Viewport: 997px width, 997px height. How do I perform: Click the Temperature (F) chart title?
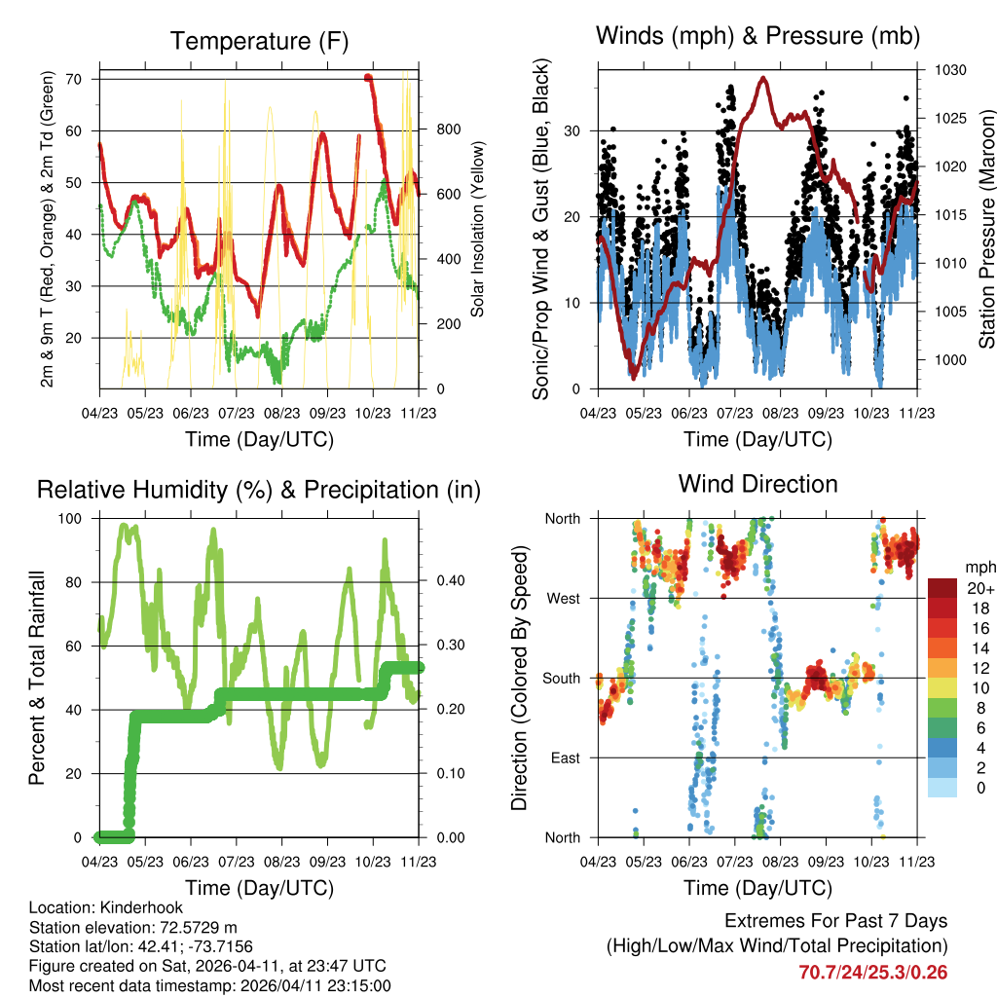coord(259,41)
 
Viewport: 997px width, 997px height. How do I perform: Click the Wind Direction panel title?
coord(757,484)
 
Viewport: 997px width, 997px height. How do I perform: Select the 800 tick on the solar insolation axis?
coord(448,129)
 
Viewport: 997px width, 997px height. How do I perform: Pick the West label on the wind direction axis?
coord(564,598)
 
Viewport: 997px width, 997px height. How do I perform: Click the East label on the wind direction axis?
coord(564,757)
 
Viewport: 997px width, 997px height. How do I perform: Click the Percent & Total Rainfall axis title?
coord(38,678)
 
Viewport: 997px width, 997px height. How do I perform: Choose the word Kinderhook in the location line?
coord(129,907)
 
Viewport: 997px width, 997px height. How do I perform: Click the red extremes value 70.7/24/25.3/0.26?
coord(873,972)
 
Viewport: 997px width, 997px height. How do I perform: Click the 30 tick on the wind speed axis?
coord(575,130)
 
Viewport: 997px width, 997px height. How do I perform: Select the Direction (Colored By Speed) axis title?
coord(519,678)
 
